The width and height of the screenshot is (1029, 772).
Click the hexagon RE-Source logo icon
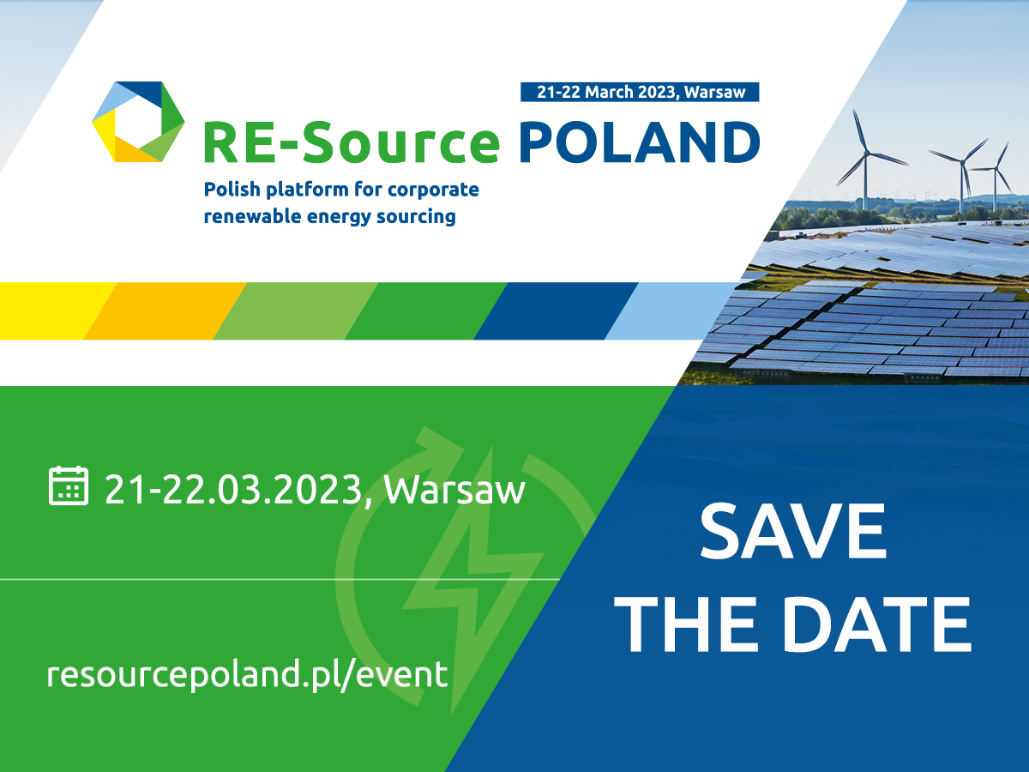pos(138,122)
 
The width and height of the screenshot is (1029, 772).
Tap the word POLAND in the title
pos(640,142)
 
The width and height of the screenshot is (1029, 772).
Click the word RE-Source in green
pos(352,142)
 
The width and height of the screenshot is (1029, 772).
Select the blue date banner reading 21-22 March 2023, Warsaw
pos(640,92)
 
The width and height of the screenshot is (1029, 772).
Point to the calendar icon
pos(69,486)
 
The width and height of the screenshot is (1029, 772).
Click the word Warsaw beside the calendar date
pos(454,490)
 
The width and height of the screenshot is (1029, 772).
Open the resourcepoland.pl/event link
pos(247,675)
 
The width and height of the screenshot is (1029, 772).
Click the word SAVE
pos(792,531)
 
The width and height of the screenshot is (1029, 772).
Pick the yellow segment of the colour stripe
pos(51,311)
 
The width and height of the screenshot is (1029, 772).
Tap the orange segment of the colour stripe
pos(165,311)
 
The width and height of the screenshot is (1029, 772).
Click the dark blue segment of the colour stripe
pos(556,311)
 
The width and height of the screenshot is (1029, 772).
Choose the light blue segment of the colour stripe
pos(671,311)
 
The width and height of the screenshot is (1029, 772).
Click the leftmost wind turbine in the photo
pos(865,160)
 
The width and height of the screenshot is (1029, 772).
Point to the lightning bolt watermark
pos(473,582)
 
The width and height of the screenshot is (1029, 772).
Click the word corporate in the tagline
pos(433,190)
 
